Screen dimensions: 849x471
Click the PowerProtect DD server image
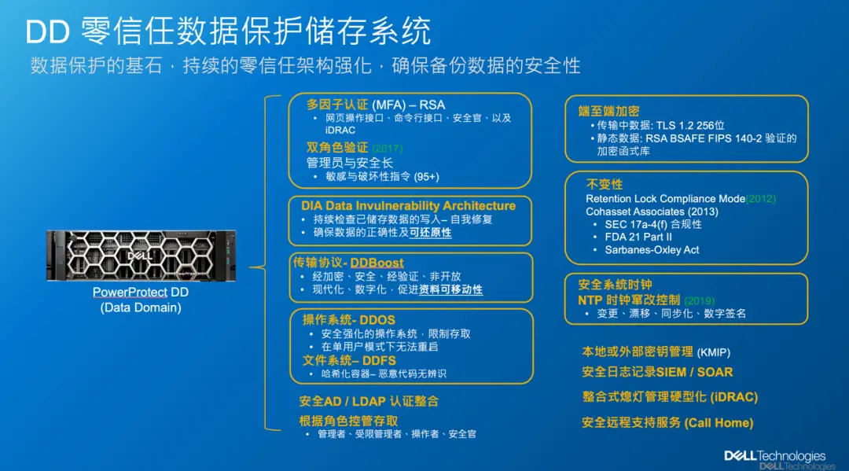(141, 256)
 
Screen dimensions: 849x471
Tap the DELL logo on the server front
(140, 256)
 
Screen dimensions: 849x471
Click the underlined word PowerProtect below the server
(130, 293)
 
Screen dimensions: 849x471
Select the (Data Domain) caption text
(141, 307)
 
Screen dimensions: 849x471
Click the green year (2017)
(388, 149)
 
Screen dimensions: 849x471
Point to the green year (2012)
(761, 199)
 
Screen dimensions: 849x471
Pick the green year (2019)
(700, 300)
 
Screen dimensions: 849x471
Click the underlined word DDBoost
(377, 263)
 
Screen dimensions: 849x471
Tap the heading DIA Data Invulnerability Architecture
(408, 206)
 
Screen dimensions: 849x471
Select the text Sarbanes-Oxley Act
(652, 250)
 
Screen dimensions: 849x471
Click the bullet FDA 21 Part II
(638, 237)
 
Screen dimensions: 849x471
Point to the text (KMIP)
(714, 352)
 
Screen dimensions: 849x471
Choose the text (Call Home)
(719, 423)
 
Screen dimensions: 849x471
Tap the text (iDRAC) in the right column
(734, 397)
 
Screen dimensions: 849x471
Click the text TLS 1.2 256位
(690, 126)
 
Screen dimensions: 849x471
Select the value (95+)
(426, 177)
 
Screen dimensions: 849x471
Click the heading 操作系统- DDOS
(349, 320)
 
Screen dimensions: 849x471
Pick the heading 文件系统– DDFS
(349, 361)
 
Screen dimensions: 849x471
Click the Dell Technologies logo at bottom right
(775, 456)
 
